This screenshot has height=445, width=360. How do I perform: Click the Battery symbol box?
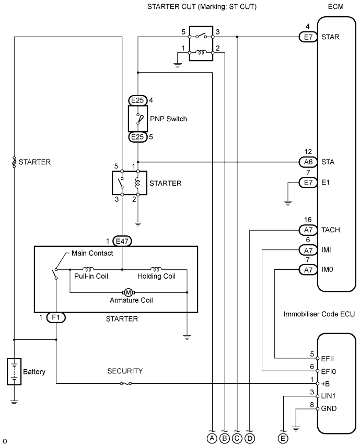tap(14, 371)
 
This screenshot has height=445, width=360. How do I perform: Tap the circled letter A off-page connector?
tap(212, 439)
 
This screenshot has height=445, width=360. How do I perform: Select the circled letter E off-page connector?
tap(283, 439)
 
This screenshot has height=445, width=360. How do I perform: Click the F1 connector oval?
tap(56, 317)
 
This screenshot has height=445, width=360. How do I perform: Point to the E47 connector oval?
tap(122, 241)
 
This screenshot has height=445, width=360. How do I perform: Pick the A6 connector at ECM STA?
tap(308, 162)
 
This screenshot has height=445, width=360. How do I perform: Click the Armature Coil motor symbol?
tap(129, 292)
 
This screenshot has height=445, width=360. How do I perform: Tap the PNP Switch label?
tap(168, 119)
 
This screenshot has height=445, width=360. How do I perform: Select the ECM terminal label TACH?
tap(331, 230)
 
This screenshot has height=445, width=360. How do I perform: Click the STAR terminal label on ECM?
tap(330, 37)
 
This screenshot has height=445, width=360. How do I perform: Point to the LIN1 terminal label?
tap(329, 396)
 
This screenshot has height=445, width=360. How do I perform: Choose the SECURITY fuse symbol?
tap(125, 384)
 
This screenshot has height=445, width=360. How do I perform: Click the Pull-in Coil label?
tap(91, 276)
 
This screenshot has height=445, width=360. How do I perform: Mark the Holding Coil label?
tap(156, 276)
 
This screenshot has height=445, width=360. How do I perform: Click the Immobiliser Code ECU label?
tap(319, 314)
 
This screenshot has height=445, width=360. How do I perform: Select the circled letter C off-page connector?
tap(237, 439)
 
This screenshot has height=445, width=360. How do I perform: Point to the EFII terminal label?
tap(328, 359)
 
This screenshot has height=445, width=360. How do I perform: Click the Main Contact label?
tap(92, 253)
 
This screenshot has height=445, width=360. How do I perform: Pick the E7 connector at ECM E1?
tap(308, 182)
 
